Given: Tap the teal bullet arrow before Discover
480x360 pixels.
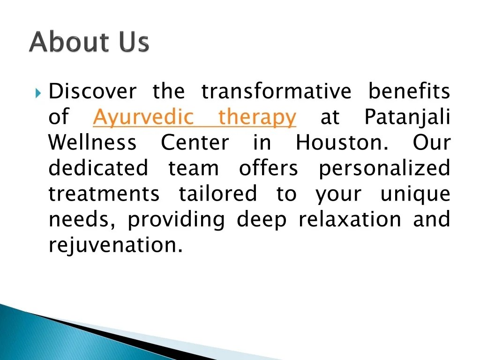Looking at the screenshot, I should pos(39,91).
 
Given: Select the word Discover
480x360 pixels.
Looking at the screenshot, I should pos(93,91).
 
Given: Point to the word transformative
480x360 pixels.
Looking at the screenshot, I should pos(276,91).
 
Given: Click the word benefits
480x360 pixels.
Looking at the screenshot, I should pos(409,91).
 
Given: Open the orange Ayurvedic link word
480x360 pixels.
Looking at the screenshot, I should pos(143,117).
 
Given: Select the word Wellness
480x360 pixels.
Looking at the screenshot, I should pos(93,142).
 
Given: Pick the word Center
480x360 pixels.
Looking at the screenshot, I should pos(195,142).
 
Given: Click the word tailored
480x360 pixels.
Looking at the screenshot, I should pos(217,194).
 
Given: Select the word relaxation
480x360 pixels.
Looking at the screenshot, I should pos(350,219).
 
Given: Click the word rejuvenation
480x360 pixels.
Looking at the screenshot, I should pos(115,246).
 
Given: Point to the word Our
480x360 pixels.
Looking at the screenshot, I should pos(431,142).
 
